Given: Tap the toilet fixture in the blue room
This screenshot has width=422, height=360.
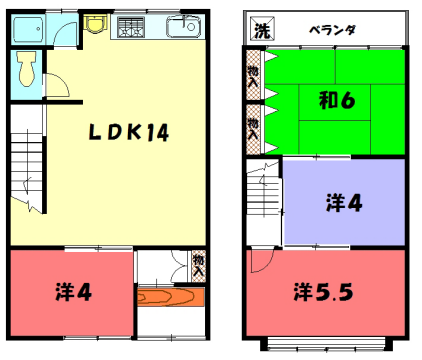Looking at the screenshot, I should tap(26, 70).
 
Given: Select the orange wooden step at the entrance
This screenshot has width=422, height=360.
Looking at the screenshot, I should tap(171, 298).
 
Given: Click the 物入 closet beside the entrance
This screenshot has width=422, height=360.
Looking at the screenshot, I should tap(198, 265).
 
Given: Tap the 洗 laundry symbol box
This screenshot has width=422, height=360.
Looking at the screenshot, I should tap(260, 29).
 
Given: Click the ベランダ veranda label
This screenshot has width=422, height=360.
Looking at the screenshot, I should tap(331, 29).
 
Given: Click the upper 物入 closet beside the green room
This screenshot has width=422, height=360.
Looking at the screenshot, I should tap(253, 77).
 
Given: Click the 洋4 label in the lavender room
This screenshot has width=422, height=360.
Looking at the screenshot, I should tap(345, 203).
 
